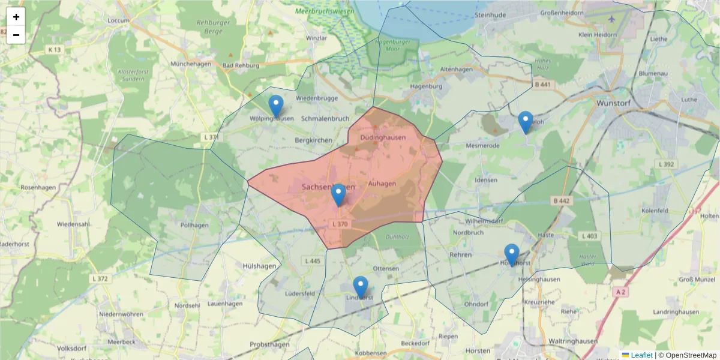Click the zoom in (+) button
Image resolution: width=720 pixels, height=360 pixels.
click(x=16, y=17)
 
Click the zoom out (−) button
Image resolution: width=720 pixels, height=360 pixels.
click(x=16, y=35)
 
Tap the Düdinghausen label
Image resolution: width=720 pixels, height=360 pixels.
click(x=383, y=137)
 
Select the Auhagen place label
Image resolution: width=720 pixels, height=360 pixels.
click(x=382, y=184)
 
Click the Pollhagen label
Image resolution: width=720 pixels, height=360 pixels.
click(x=194, y=225)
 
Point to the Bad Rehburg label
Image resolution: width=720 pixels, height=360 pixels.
click(x=241, y=65)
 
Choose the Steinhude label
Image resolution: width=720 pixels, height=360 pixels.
click(x=491, y=14)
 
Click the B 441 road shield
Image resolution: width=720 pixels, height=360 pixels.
click(x=542, y=85)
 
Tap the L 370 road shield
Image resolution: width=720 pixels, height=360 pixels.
click(x=340, y=224)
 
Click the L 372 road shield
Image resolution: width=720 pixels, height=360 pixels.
click(x=100, y=279)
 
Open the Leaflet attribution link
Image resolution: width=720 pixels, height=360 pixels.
click(x=641, y=355)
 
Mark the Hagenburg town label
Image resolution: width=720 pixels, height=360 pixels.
click(x=426, y=86)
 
